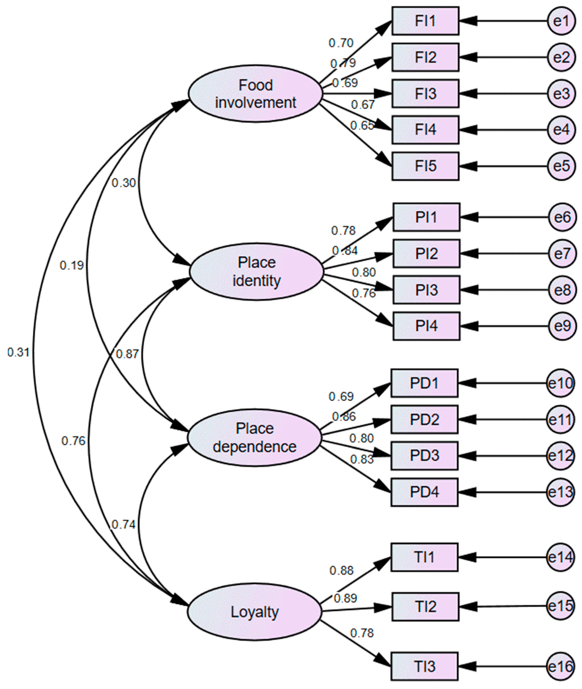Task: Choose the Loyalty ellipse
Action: click(254, 612)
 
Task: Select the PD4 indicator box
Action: click(424, 492)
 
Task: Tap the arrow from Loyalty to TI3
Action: click(356, 644)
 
